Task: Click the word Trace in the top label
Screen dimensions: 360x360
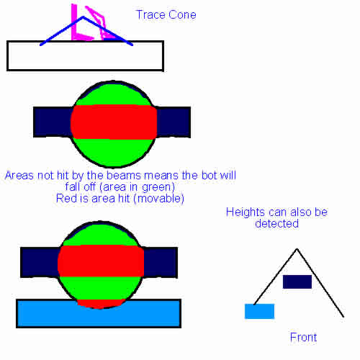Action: click(150, 15)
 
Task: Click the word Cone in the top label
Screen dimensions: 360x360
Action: click(182, 15)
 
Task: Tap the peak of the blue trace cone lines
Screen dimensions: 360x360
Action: click(83, 17)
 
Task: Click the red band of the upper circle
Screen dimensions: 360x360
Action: click(114, 122)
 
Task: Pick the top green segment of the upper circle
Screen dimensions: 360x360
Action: click(113, 95)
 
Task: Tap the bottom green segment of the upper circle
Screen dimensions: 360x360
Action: click(114, 152)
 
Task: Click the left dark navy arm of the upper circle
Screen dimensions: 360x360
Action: click(53, 122)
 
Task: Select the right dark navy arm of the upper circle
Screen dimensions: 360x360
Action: click(174, 122)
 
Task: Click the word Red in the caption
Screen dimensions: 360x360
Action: click(63, 199)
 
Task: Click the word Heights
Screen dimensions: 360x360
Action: click(246, 212)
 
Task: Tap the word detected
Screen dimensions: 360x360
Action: click(276, 224)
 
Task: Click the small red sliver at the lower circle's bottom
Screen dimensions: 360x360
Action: click(101, 304)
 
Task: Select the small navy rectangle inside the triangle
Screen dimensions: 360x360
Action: click(297, 282)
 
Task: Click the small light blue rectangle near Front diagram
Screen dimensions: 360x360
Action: click(259, 311)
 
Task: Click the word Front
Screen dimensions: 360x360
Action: click(303, 338)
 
